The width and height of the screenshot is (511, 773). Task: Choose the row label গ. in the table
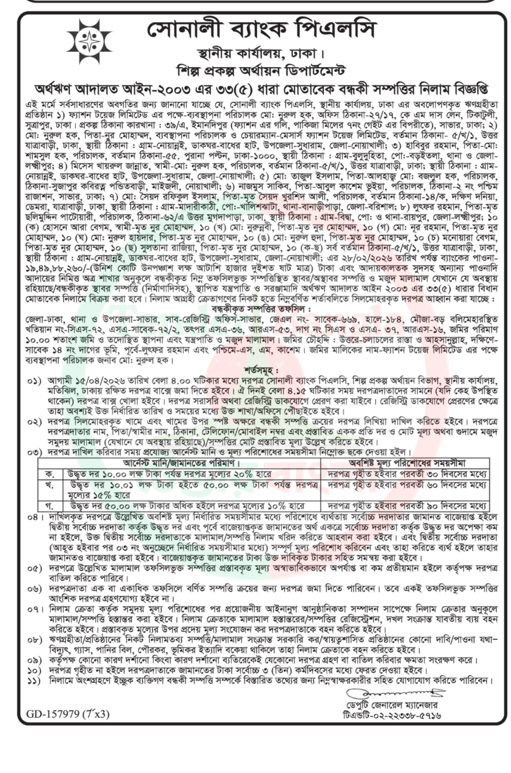click(x=50, y=506)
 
